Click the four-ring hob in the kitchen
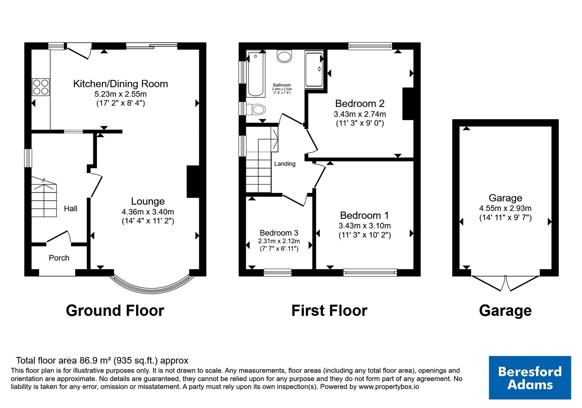[41, 87]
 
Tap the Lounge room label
[148, 201]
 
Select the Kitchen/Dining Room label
[120, 84]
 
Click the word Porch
[59, 258]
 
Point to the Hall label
[71, 208]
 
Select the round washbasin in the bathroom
[284, 56]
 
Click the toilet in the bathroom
[256, 109]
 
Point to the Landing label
[285, 164]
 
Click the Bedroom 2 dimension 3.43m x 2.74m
[360, 114]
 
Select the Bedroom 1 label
[364, 215]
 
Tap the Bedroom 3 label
[279, 233]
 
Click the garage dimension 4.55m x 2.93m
[505, 208]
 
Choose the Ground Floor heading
[115, 310]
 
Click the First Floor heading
[329, 310]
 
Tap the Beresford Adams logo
[530, 377]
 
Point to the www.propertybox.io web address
[389, 387]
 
